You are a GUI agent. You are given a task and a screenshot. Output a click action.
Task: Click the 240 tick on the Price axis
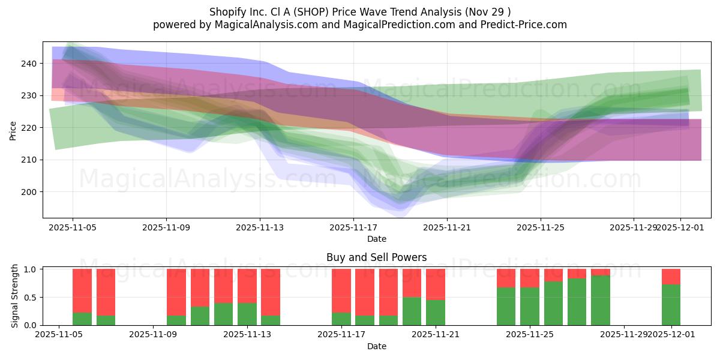pos(30,64)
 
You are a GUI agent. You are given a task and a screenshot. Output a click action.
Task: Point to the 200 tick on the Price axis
pos(30,192)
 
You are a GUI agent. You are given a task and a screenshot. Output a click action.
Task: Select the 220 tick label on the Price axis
pos(30,128)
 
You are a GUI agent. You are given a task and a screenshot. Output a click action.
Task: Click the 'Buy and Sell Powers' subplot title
pos(376,257)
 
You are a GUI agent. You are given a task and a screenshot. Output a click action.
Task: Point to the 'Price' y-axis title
pos(13,130)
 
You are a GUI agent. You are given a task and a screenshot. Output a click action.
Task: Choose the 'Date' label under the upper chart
pos(376,239)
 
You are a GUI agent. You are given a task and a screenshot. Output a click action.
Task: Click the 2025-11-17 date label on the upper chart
pos(353,227)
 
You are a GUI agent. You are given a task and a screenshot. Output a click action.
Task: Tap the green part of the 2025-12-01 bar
pos(671,305)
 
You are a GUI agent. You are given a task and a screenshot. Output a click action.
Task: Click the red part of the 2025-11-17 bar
pos(341,290)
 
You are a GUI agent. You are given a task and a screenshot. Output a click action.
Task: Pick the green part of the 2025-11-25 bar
pos(530,306)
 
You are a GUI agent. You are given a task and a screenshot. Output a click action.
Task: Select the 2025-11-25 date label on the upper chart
pos(540,227)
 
